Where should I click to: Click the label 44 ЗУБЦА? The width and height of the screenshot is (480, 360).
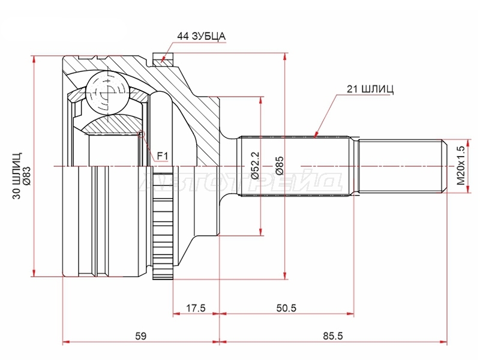coord(201,36)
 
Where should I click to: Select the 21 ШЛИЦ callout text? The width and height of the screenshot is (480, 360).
coord(370,89)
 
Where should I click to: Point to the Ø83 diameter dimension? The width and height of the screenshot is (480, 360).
coord(27,175)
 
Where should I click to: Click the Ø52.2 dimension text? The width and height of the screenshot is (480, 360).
coord(256,166)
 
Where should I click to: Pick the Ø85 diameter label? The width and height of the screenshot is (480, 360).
coord(280,166)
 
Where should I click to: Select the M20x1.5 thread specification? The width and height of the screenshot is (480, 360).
coord(461,166)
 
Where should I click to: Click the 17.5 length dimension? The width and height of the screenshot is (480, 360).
coord(196,308)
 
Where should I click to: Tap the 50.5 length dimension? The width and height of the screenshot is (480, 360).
coord(286,308)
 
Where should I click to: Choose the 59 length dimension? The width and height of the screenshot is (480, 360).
coord(141,336)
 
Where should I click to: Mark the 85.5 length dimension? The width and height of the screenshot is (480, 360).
coord(333,336)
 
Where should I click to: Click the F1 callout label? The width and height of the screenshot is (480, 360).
coord(163,157)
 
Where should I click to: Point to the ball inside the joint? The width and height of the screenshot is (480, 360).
coord(107,93)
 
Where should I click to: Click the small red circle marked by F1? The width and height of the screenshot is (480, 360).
coord(141,134)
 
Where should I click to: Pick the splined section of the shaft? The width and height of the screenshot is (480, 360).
coord(295,166)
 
